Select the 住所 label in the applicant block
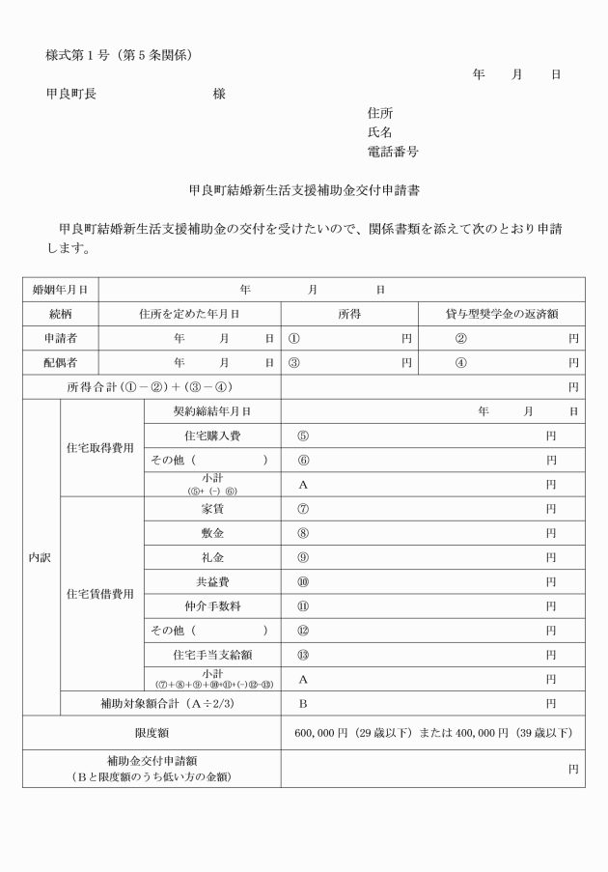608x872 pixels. (x=379, y=113)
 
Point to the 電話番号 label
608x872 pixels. (x=393, y=152)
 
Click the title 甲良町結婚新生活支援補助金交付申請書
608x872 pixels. (x=303, y=191)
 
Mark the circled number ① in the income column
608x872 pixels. (x=293, y=338)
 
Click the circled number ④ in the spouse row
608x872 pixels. (x=460, y=363)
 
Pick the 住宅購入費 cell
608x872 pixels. (x=212, y=436)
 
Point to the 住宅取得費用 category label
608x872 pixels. (x=100, y=448)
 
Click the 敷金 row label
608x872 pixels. (x=212, y=533)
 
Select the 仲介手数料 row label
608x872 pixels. (x=212, y=606)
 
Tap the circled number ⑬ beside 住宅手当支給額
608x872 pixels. (x=303, y=655)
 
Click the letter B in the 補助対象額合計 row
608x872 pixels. (x=303, y=704)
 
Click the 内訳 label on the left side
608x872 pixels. (x=41, y=557)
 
